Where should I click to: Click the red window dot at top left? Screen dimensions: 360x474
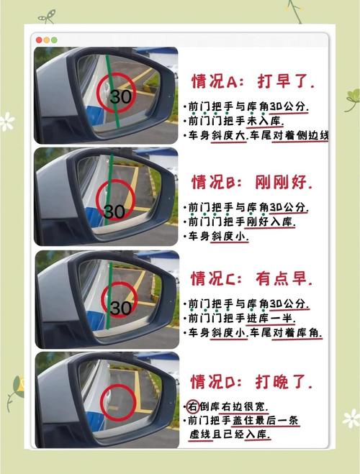coord(39,40)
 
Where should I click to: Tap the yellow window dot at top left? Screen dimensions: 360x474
coord(47,40)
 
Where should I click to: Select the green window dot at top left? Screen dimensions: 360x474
coord(54,40)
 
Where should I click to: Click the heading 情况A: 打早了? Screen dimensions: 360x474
coord(253,81)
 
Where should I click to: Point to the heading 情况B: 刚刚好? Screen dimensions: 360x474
coord(252,182)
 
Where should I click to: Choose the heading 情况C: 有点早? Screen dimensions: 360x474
coord(251,278)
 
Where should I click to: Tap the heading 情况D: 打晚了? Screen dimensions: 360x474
coord(251,381)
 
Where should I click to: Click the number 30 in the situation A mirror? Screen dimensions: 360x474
coord(121,96)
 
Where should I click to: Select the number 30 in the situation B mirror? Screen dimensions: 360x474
coord(114,211)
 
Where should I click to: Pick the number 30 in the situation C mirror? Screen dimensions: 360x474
coord(121,308)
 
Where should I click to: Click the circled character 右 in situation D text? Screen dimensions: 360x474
coord(193,406)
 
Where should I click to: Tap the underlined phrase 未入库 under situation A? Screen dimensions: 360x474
coord(265,121)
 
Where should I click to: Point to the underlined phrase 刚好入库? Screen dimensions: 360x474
coord(270,222)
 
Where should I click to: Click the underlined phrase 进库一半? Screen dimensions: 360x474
coord(271,319)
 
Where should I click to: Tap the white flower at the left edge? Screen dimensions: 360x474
coord(6,122)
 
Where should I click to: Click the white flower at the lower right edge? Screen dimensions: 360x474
coord(351,419)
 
